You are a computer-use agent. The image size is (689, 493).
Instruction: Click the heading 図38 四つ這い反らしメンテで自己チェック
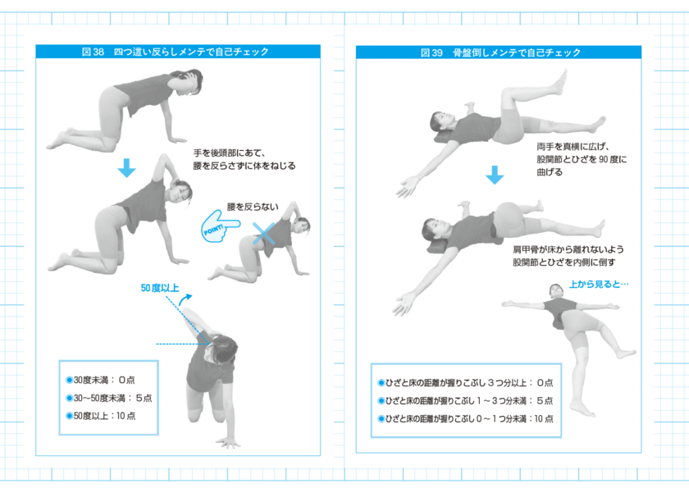tap(176, 52)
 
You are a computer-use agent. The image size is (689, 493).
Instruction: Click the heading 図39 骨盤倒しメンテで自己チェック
tap(500, 52)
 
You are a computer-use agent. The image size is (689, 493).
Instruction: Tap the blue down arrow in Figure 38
tap(125, 168)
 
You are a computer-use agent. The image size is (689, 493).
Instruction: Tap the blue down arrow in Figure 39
tap(494, 175)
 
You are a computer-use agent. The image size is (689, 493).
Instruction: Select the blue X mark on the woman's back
tap(264, 231)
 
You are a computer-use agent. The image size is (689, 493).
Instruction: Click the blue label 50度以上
tap(161, 288)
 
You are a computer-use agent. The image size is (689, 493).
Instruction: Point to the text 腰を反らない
tap(254, 208)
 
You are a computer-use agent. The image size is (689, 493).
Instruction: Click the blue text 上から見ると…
tap(598, 285)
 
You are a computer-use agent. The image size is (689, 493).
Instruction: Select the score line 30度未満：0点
tap(100, 381)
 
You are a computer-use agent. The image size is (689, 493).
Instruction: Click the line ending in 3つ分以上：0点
tap(464, 383)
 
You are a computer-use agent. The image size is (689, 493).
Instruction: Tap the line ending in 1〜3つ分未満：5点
tap(464, 400)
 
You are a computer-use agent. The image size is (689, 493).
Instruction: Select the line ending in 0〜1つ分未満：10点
tap(464, 418)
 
